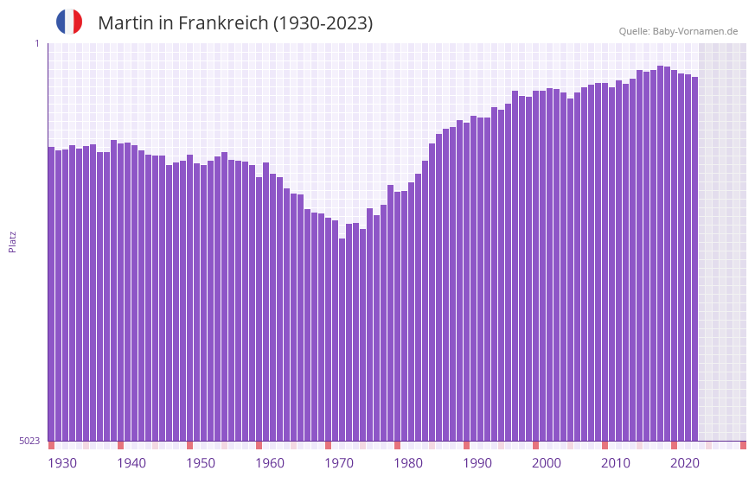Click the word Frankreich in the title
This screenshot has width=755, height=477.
pyautogui.click(x=222, y=23)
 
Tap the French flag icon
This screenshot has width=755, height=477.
pyautogui.click(x=69, y=22)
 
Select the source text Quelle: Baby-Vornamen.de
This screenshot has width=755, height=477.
pyautogui.click(x=678, y=32)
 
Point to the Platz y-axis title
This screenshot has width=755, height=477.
pyautogui.click(x=12, y=241)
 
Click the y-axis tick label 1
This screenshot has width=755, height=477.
pyautogui.click(x=36, y=43)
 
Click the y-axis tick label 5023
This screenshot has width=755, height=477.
pyautogui.click(x=29, y=441)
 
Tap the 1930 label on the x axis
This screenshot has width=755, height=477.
pyautogui.click(x=62, y=463)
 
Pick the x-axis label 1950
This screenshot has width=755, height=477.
pyautogui.click(x=201, y=463)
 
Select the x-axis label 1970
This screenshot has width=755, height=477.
pyautogui.click(x=339, y=463)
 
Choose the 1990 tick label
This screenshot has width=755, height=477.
pyautogui.click(x=477, y=463)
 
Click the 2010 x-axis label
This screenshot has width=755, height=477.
pyautogui.click(x=616, y=463)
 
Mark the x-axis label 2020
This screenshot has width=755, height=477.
pyautogui.click(x=685, y=463)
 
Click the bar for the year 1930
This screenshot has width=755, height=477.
pyautogui.click(x=51, y=294)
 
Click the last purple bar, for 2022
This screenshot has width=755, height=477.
pyautogui.click(x=694, y=259)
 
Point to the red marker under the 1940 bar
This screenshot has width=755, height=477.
pyautogui.click(x=120, y=445)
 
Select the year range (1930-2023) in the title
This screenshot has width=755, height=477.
pyautogui.click(x=323, y=23)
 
